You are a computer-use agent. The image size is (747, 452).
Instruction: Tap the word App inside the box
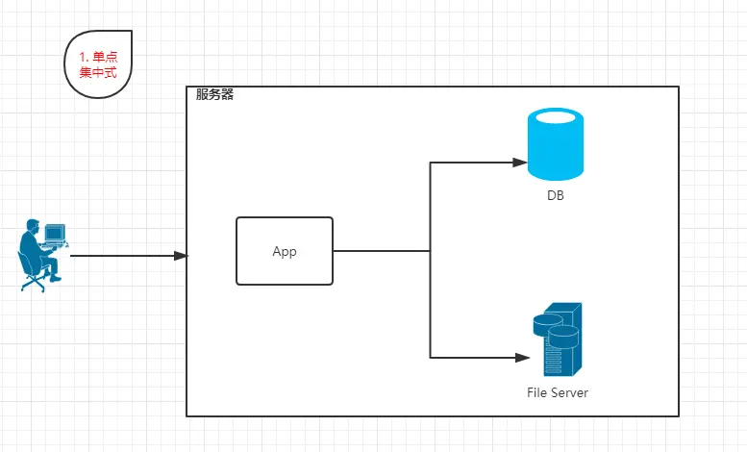(285, 251)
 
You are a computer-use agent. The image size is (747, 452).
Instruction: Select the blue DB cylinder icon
(556, 144)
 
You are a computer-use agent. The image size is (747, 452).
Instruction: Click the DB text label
(556, 195)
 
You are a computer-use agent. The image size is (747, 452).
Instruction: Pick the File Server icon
(558, 339)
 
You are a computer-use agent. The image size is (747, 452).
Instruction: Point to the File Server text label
(558, 392)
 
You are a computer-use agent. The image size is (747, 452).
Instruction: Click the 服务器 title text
(214, 94)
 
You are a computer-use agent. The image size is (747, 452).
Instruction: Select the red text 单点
(106, 57)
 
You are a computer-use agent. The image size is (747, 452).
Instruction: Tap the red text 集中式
(98, 72)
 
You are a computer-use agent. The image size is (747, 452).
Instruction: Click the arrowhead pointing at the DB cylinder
(520, 163)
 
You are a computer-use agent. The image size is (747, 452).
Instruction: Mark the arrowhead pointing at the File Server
(523, 358)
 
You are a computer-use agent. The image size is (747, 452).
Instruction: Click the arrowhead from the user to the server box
(181, 256)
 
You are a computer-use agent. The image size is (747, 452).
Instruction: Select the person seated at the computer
(40, 256)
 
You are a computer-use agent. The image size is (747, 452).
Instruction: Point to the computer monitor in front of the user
(55, 233)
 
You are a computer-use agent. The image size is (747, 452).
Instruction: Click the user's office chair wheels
(33, 286)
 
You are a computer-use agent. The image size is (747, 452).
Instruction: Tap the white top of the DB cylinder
(556, 116)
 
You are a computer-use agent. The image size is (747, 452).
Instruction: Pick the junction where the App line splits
(430, 251)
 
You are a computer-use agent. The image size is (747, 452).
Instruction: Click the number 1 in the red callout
(83, 57)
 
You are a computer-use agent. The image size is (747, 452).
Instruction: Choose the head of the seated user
(33, 226)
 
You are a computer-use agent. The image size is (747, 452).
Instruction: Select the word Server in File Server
(570, 392)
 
